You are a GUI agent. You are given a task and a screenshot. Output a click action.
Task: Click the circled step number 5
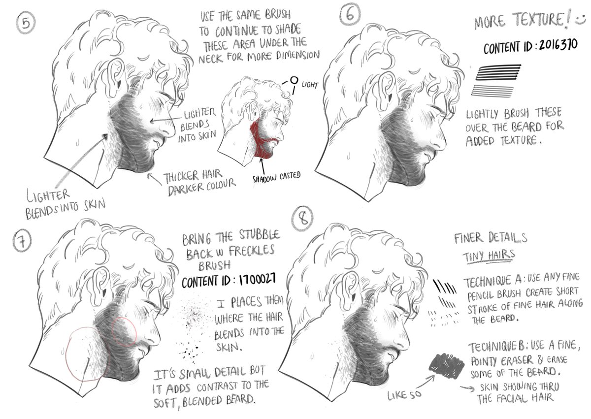coord(26,24)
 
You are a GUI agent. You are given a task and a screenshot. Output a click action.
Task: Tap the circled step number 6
coord(350,15)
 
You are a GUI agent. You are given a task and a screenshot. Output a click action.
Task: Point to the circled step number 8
coord(302,218)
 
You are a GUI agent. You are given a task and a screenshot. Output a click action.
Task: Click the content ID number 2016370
coord(558,46)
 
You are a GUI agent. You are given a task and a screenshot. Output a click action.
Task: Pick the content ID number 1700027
coord(257,279)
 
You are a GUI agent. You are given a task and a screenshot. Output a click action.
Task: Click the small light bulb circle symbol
coord(294,80)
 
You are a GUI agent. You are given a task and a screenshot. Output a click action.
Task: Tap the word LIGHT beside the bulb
coord(309,85)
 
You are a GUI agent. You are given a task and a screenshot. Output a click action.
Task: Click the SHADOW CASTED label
coord(276,177)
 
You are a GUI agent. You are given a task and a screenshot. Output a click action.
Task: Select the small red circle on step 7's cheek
coord(124,331)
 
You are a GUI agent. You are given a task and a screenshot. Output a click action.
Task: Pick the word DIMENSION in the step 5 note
coord(298,56)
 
